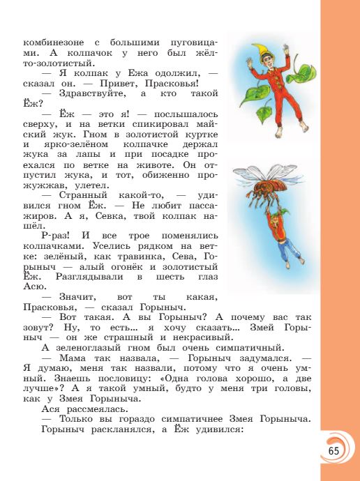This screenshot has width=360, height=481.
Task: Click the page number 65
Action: click(x=333, y=450)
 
